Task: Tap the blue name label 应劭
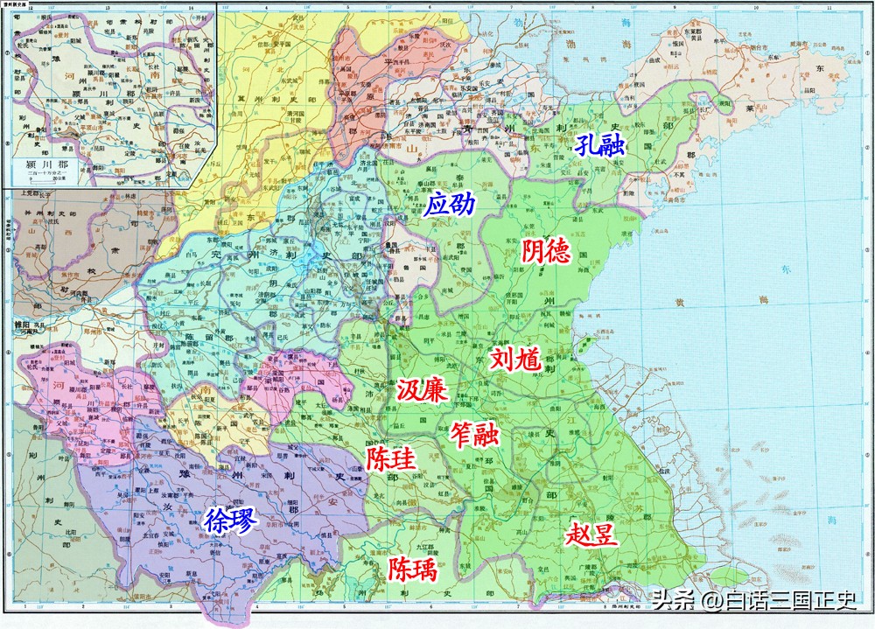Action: (x=450, y=206)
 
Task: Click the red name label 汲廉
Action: (x=423, y=390)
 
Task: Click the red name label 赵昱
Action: (x=592, y=533)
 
